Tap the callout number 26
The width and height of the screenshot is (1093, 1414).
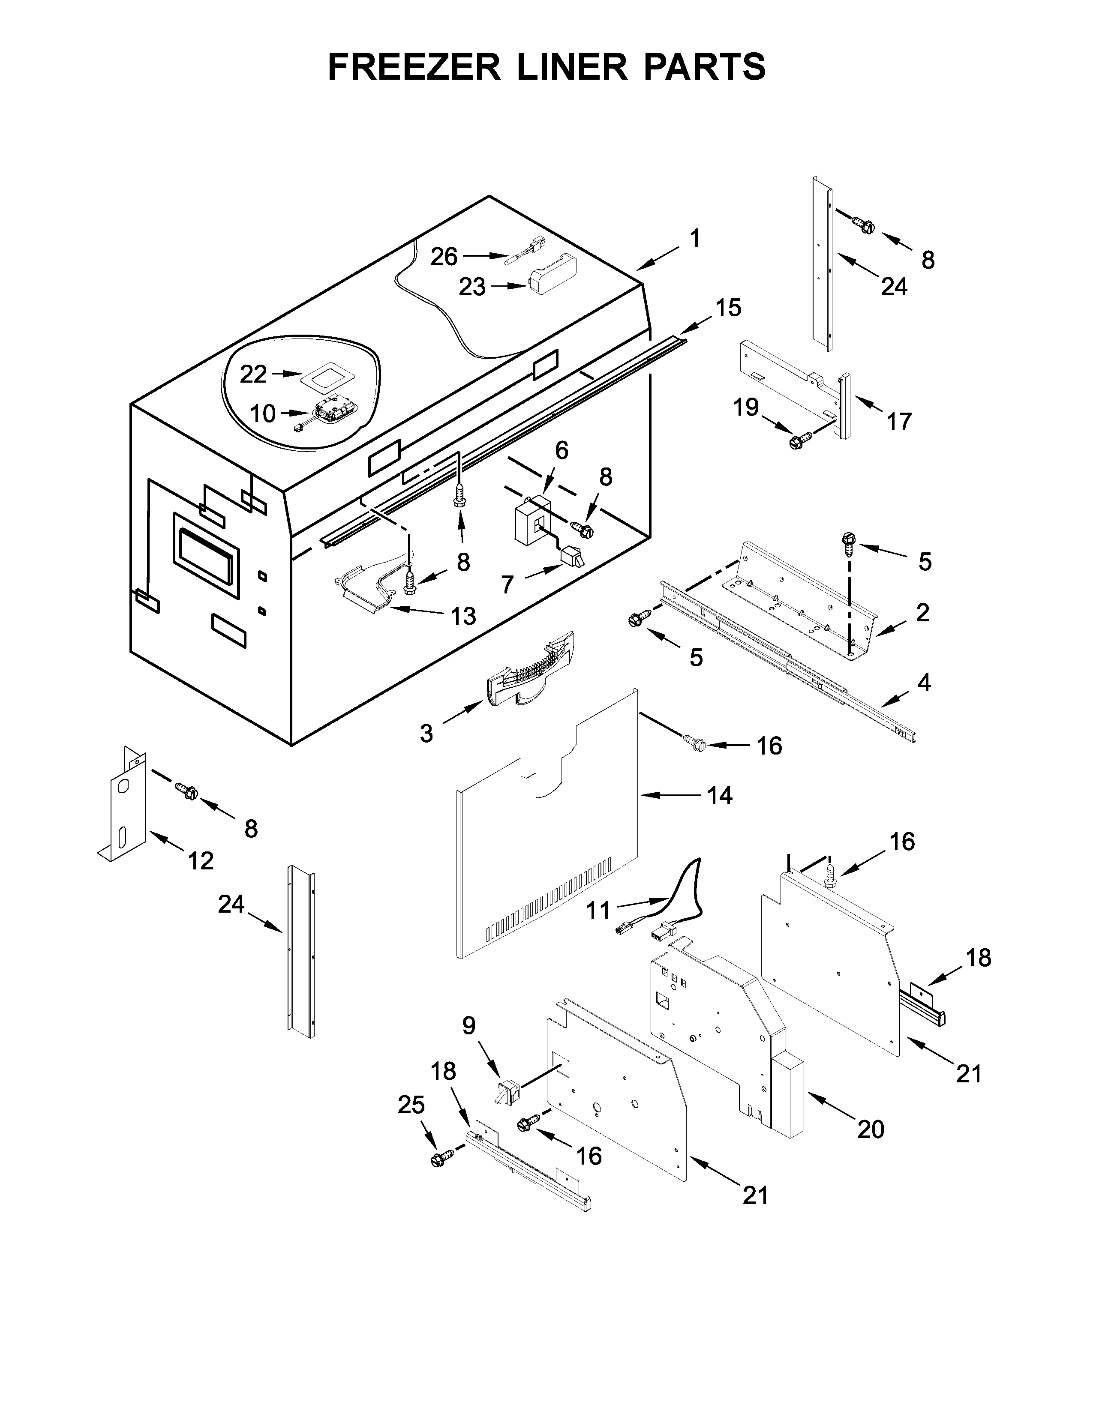tap(444, 257)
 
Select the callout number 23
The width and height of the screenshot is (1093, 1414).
tap(472, 287)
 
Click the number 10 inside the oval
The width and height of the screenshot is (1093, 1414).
tap(263, 414)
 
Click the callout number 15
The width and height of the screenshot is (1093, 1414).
tap(728, 308)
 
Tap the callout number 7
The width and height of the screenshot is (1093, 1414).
tap(507, 584)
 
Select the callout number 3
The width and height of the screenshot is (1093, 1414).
tap(426, 734)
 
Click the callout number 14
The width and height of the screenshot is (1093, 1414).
tap(719, 796)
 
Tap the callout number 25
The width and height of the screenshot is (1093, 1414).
tap(411, 1105)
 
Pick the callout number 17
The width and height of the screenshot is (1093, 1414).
tap(899, 422)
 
